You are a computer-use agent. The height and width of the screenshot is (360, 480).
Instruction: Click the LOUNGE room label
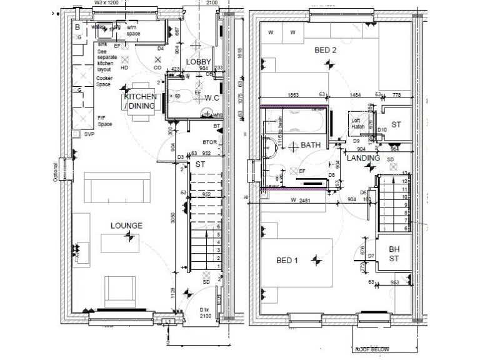pyautogui.click(x=127, y=226)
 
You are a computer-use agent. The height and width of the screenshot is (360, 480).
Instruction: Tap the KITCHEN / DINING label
pyautogui.click(x=140, y=101)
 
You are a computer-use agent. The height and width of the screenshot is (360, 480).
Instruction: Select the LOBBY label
pyautogui.click(x=199, y=61)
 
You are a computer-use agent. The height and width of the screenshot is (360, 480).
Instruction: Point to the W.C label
pyautogui.click(x=211, y=97)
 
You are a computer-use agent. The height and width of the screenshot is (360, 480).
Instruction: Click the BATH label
pyautogui.click(x=311, y=145)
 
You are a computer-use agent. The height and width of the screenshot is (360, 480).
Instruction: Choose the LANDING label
pyautogui.click(x=364, y=158)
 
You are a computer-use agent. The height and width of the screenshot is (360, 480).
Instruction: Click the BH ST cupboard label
pyautogui.click(x=394, y=254)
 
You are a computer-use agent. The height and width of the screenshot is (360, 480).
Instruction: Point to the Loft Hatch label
pyautogui.click(x=358, y=123)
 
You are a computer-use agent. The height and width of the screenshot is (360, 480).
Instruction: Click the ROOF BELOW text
pyautogui.click(x=373, y=350)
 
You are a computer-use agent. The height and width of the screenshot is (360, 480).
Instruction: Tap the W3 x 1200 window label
pyautogui.click(x=107, y=3)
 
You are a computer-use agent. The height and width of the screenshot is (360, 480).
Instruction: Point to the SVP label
pyautogui.click(x=89, y=134)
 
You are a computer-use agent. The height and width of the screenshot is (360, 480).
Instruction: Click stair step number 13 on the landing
pyautogui.click(x=405, y=173)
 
